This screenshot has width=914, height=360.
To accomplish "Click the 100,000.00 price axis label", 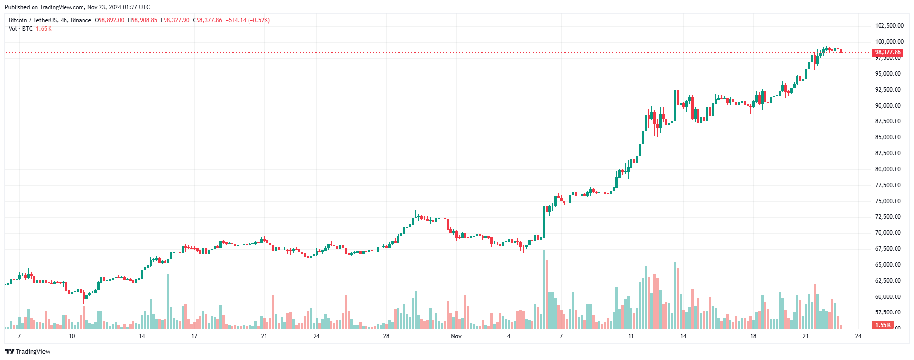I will pos(889,42).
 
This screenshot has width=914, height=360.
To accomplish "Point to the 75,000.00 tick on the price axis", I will pos(888,201).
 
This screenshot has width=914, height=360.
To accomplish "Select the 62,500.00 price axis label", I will pos(888,281).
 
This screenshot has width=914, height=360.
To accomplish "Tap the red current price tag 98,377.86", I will pos(887,52).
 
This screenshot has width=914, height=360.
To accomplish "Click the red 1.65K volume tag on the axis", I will pos(882,325).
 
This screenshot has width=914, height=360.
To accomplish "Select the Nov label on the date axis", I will pos(456,336).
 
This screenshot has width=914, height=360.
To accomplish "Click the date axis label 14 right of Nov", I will pos(683,336).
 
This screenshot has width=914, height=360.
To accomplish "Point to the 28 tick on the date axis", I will pos(386,336).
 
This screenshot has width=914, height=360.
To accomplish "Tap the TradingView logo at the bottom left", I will pos(28,352).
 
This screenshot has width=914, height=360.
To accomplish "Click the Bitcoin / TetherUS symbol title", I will pos(33,20).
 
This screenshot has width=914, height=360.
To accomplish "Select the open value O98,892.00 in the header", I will pos(109,20).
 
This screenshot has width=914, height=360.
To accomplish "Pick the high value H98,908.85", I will pos(142,20).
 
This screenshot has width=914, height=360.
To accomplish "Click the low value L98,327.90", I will pos(175,20).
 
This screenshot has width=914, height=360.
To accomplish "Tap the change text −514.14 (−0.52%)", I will pos(248,20).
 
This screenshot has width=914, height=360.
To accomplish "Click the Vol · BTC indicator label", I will pos(20,29).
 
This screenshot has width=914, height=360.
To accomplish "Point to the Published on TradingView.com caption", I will pos(77,7).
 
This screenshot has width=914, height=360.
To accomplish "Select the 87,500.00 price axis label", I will pos(888,121).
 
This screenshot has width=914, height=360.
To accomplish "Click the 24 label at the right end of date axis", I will pos(858,336).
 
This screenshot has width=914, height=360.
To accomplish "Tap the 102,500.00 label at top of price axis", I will pos(889,26).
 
